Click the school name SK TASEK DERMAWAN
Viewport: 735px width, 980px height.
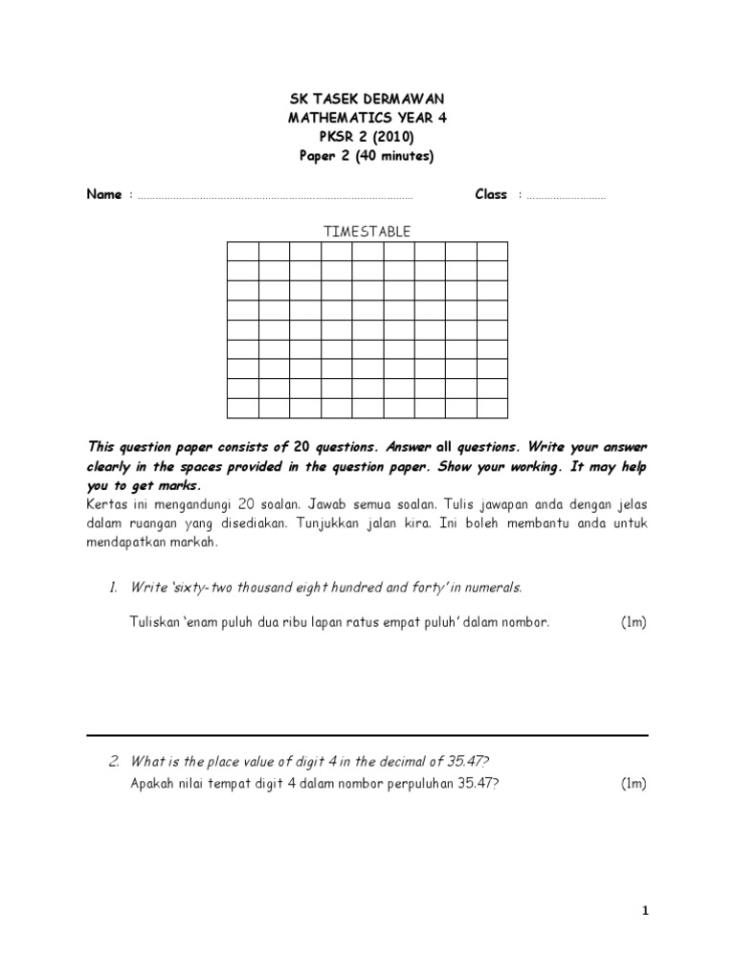click(x=367, y=100)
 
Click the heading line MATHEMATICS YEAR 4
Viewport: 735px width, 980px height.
click(x=367, y=119)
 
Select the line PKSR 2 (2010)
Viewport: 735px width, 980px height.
click(x=367, y=138)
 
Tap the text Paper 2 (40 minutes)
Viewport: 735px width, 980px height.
click(x=367, y=157)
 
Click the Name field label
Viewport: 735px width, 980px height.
click(x=104, y=194)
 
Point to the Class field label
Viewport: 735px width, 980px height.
click(x=491, y=194)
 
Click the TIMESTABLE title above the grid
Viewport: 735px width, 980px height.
click(x=367, y=232)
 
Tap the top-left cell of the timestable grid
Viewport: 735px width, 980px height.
click(x=243, y=252)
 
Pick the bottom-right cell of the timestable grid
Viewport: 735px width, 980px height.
click(x=492, y=409)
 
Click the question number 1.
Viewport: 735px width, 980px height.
click(x=112, y=588)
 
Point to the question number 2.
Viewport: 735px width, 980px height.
click(x=113, y=762)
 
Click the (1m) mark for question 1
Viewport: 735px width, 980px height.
click(x=634, y=622)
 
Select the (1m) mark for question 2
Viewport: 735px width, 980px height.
click(x=634, y=784)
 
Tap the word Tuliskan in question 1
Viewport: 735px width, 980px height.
click(x=154, y=622)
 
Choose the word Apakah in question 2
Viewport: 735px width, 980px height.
click(x=151, y=784)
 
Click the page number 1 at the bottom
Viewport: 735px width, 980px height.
click(x=646, y=911)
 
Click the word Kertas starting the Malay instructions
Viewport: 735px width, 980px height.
click(x=106, y=503)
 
